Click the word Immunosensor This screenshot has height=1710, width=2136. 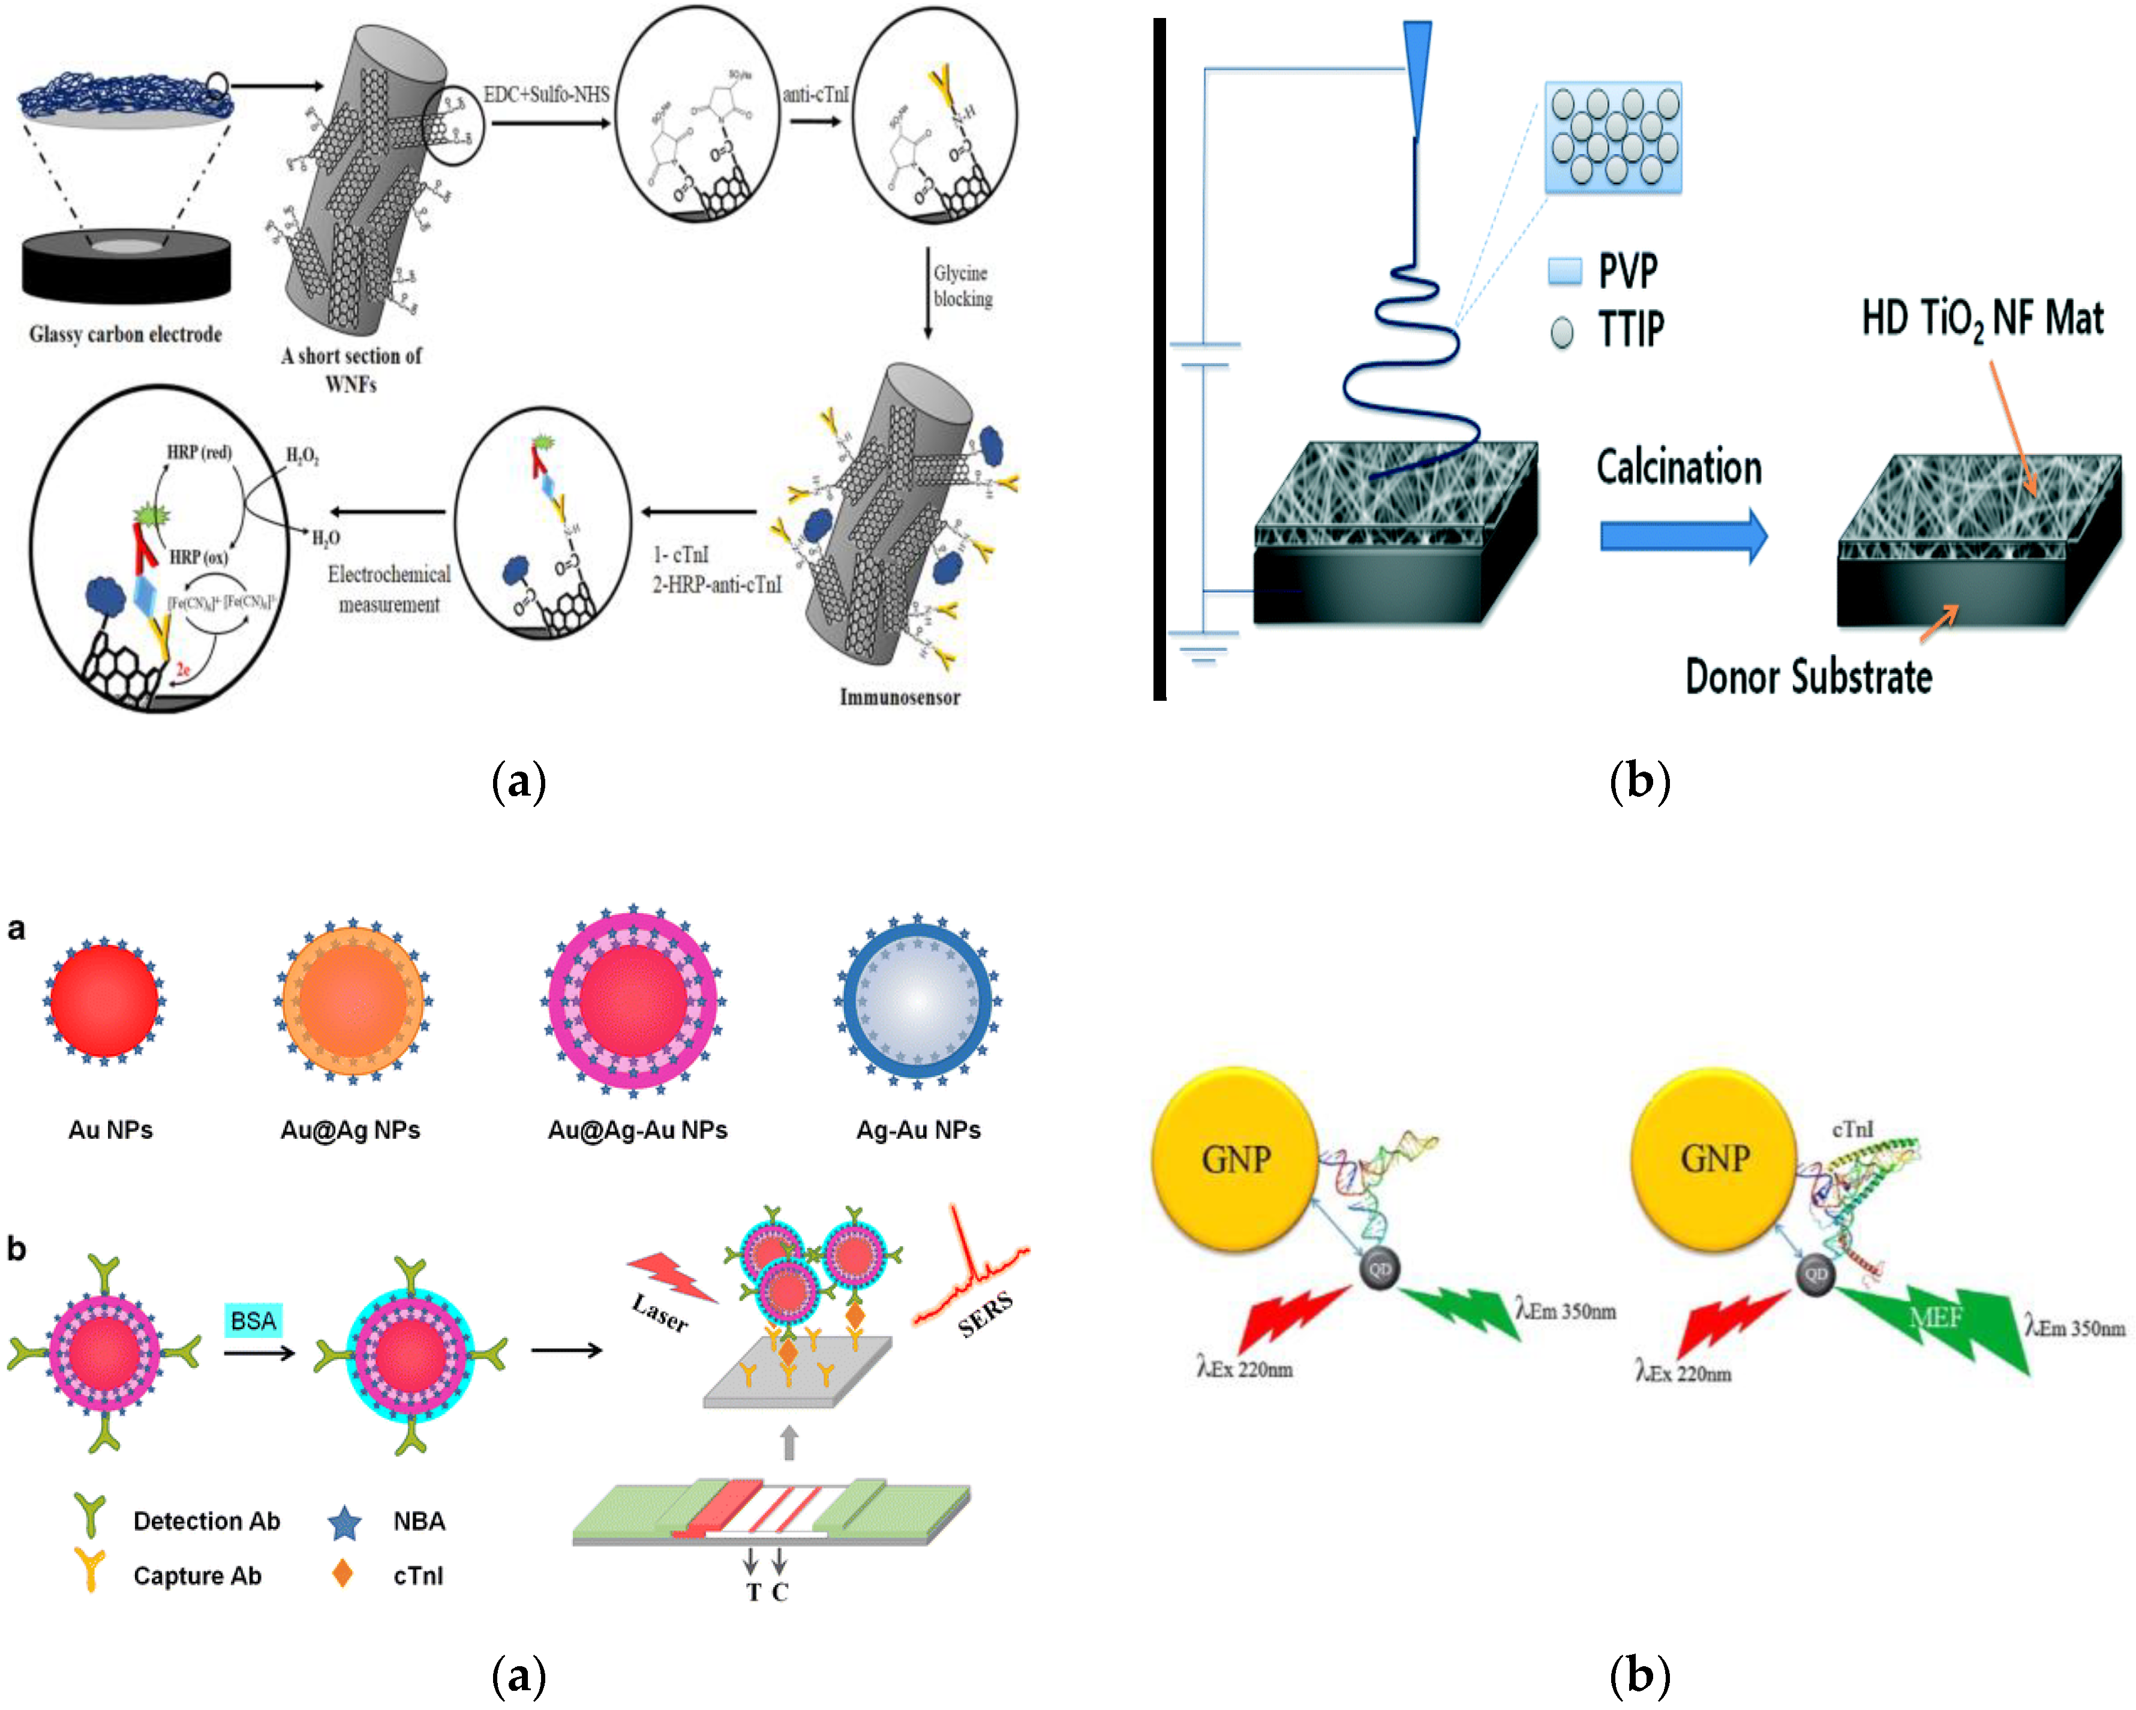pyautogui.click(x=900, y=697)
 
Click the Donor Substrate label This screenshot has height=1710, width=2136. pyautogui.click(x=1808, y=677)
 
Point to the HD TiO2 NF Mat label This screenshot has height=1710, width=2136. pyautogui.click(x=1981, y=319)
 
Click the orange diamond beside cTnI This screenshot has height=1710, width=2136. pyautogui.click(x=343, y=1573)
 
